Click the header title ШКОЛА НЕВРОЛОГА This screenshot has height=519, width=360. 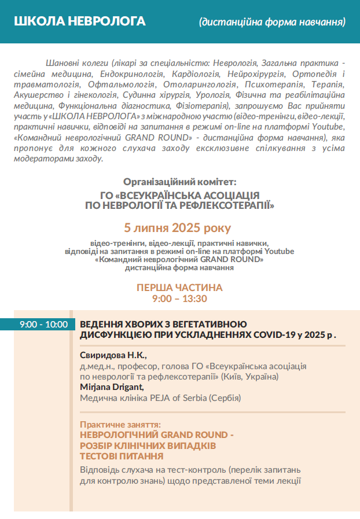point(79,21)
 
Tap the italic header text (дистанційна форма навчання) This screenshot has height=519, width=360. point(272,22)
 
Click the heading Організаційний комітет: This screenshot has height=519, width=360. point(180,182)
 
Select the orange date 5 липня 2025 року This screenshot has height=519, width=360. point(180,227)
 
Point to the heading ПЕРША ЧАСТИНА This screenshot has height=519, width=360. point(179,288)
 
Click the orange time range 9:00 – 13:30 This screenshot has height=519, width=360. point(179,299)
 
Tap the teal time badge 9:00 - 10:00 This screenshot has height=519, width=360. point(43,325)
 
